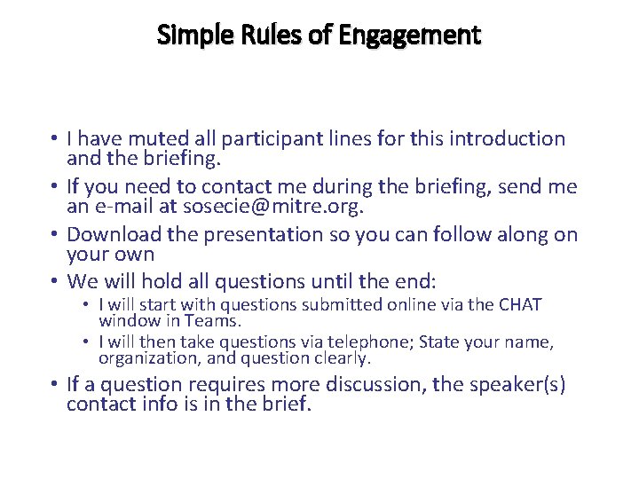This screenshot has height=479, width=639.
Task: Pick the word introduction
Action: pos(507,139)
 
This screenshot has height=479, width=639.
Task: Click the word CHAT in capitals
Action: pos(520,305)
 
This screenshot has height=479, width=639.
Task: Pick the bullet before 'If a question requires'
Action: pos(56,385)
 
